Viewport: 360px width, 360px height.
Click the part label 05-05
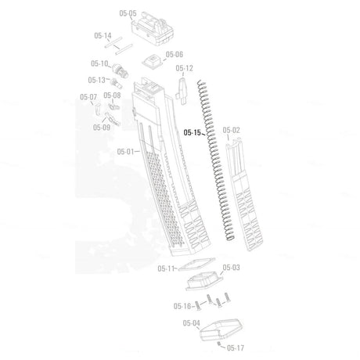pos(128,13)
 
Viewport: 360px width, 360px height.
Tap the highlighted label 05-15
pos(193,132)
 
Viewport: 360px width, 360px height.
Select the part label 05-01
pos(125,152)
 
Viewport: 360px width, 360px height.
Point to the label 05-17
pos(236,347)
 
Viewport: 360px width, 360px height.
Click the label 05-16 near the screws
pos(182,306)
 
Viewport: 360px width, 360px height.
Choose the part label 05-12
pos(184,68)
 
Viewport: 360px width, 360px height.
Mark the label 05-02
pos(231,130)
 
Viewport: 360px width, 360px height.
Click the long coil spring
pos(215,160)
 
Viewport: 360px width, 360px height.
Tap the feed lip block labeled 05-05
pos(153,31)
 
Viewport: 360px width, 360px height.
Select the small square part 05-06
pos(152,61)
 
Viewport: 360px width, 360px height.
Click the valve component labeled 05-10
pos(120,70)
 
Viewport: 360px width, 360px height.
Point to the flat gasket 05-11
pos(197,265)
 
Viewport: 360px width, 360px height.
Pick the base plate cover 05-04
pos(221,329)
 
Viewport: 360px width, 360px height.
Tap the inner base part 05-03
pos(204,281)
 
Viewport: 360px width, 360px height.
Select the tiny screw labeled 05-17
pos(219,344)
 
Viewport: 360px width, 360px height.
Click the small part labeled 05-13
pos(115,83)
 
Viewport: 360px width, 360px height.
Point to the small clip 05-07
pos(98,109)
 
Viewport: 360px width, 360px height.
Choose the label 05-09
pos(102,128)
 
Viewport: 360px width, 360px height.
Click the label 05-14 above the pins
pos(103,35)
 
